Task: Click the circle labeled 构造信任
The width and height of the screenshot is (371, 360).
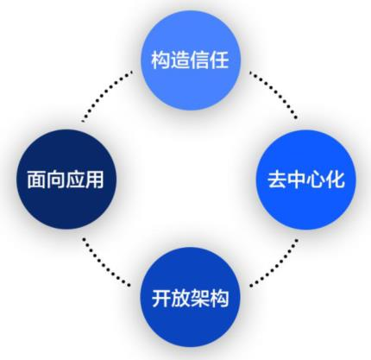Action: (x=191, y=60)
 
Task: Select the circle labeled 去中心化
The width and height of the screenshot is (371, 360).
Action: (x=306, y=180)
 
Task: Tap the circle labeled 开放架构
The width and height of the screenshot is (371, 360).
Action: (x=190, y=297)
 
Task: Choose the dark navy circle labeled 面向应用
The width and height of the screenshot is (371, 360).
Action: (x=66, y=180)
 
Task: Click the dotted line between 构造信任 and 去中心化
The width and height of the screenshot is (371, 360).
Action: (x=274, y=94)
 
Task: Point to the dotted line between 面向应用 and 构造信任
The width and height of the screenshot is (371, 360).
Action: (x=107, y=96)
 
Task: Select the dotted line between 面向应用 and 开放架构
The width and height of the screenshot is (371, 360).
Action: (x=106, y=262)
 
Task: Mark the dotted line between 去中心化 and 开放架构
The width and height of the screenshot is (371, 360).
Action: (x=274, y=262)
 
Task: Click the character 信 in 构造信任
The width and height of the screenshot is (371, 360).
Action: (x=200, y=60)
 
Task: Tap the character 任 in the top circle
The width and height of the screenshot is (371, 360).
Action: (x=219, y=60)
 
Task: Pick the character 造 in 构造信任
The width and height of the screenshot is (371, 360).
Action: (x=180, y=60)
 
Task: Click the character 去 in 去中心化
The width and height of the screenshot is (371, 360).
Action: (x=277, y=180)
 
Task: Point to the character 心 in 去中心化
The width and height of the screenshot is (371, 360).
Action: (x=316, y=180)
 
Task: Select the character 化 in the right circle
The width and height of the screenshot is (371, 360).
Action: (x=335, y=180)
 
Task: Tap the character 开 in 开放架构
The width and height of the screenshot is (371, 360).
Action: (x=161, y=298)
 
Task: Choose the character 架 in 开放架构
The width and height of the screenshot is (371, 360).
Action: (x=200, y=298)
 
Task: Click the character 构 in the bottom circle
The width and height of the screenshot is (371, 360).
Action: (x=219, y=298)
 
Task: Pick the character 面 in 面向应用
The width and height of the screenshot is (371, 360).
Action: (x=37, y=180)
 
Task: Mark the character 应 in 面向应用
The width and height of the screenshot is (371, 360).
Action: (x=75, y=180)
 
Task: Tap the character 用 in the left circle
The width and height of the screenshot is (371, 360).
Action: (x=95, y=180)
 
